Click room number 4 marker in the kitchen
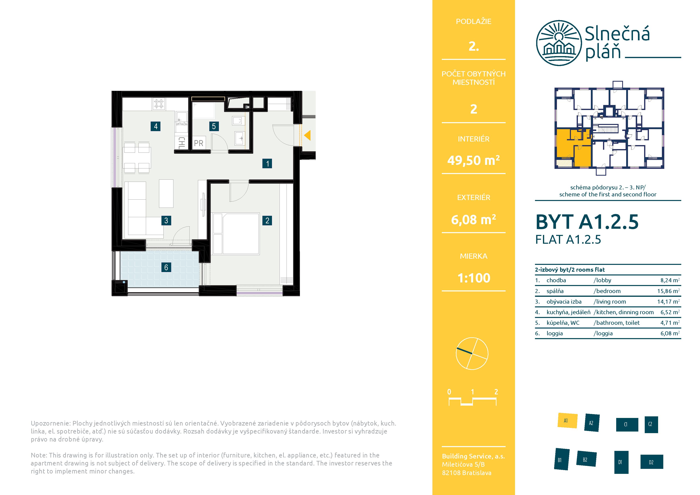point(156,126)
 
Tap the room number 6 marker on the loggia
point(166,267)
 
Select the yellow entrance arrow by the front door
point(307,135)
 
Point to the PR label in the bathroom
point(199,143)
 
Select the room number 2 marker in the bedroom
point(267,221)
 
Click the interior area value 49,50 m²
point(474,160)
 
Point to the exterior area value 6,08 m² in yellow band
point(474,219)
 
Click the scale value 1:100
point(474,278)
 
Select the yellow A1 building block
point(567,421)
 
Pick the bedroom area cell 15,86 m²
point(668,291)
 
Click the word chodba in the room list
point(556,280)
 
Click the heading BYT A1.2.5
point(587,222)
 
